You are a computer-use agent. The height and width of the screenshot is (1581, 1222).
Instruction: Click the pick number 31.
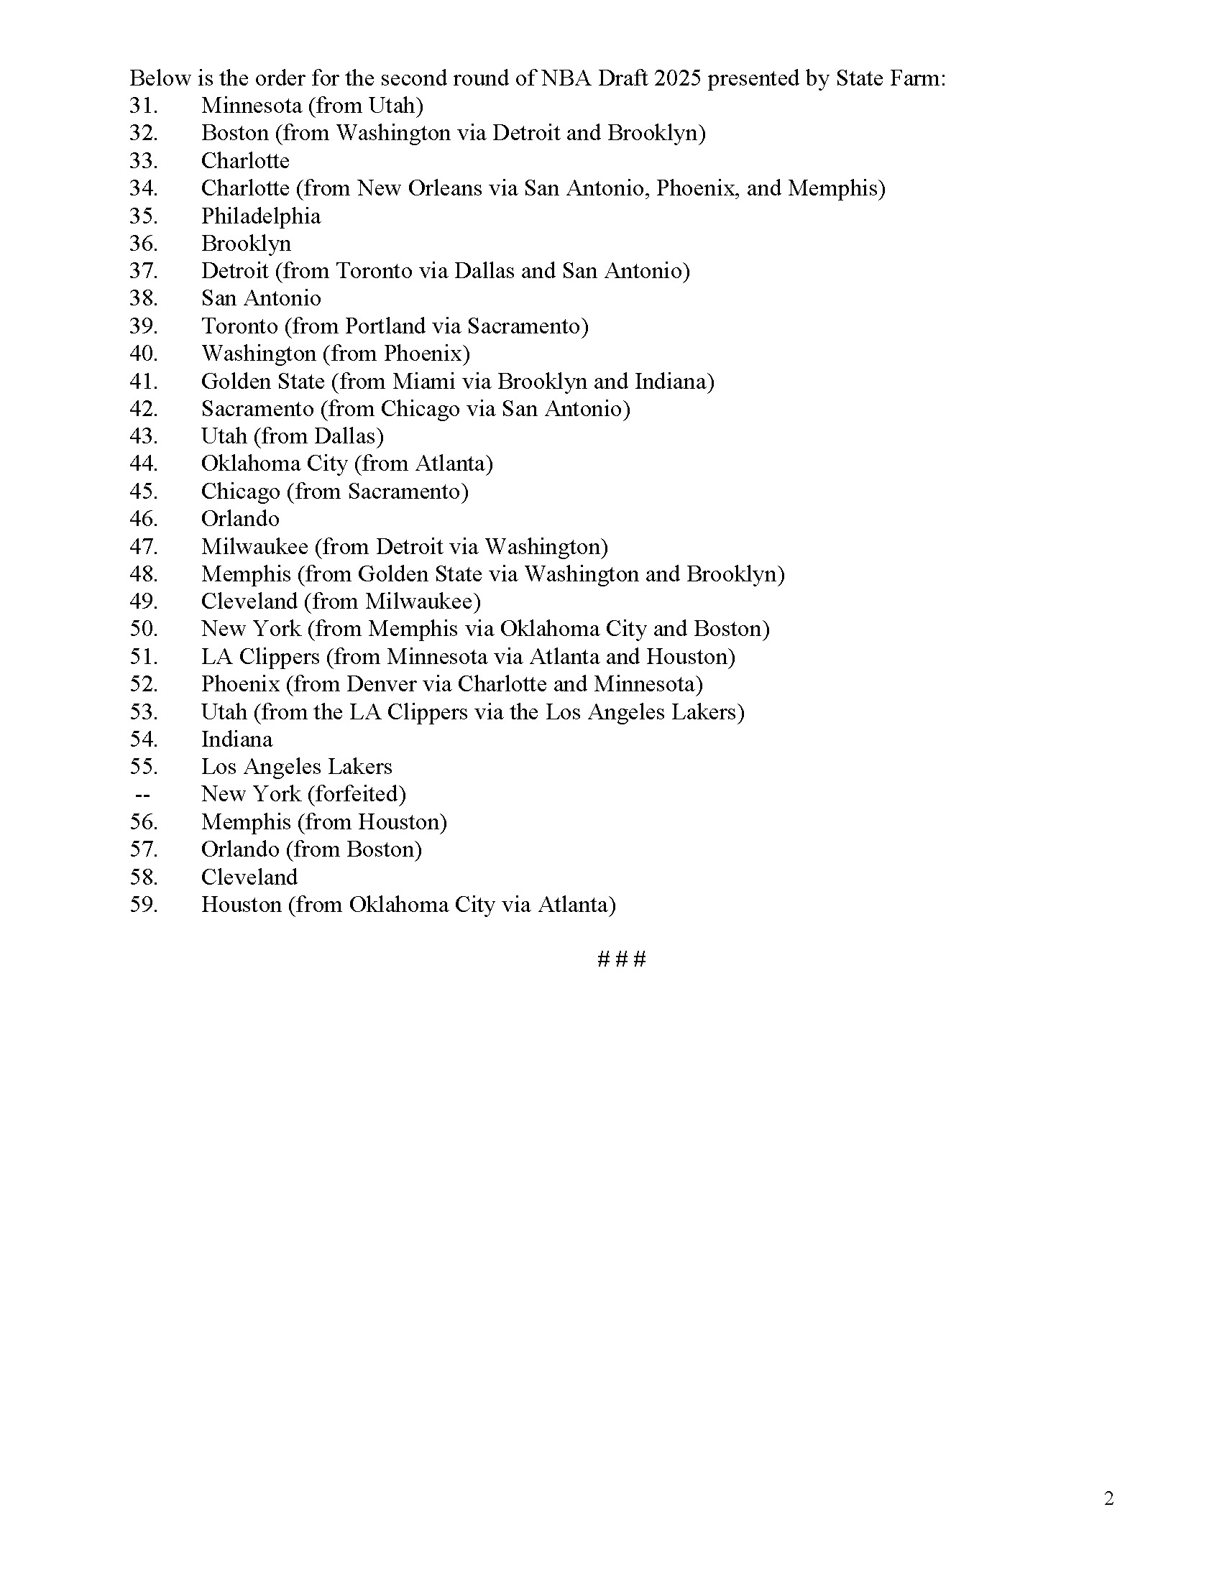[142, 106]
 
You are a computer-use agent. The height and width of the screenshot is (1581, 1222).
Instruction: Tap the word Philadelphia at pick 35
[261, 216]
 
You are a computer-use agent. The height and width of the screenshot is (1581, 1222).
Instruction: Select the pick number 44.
[142, 464]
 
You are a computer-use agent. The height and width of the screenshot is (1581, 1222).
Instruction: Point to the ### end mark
[621, 959]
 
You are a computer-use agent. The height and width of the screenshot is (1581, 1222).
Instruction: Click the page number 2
[1108, 1498]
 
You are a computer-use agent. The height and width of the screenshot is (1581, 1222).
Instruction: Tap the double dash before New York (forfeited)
[142, 795]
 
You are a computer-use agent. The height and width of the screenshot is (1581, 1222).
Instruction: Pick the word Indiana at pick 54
[236, 739]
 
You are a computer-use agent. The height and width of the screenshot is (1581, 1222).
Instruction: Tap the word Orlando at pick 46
[239, 518]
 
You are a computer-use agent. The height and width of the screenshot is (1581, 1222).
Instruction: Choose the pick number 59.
[142, 905]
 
